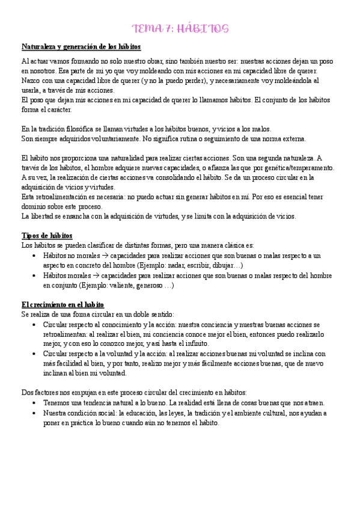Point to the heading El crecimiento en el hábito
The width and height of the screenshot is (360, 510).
63,304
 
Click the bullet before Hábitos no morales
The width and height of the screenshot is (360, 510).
34,256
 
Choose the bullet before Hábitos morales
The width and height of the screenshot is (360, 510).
34,275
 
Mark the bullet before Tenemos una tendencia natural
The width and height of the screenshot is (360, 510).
34,403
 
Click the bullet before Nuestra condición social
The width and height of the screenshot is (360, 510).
34,413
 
